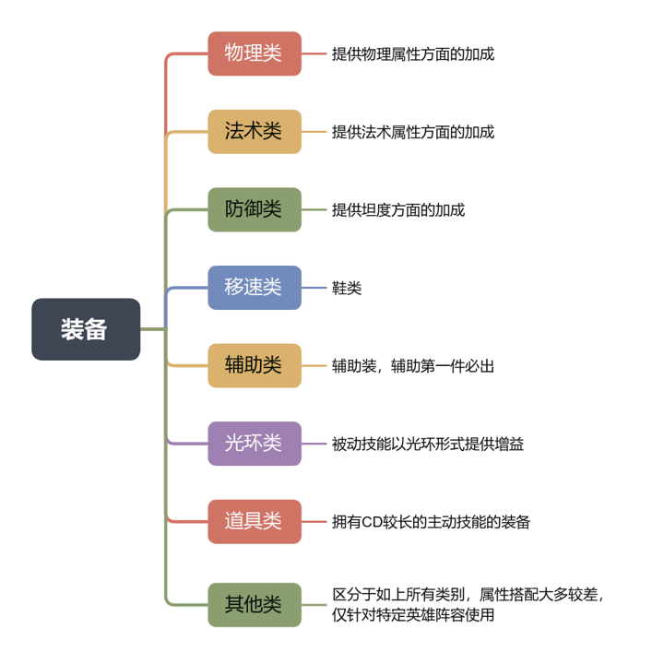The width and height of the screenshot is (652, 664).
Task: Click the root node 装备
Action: (86, 329)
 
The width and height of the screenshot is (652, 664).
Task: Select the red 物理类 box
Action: (255, 53)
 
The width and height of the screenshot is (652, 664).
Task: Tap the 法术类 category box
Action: (255, 131)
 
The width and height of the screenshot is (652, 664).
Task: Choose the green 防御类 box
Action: (255, 209)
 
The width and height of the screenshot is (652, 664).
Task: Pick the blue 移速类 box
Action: (255, 288)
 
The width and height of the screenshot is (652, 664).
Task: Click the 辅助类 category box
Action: (255, 365)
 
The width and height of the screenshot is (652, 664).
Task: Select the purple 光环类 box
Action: (255, 444)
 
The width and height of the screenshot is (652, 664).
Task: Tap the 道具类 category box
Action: (255, 521)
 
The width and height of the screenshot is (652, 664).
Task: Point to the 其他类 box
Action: (255, 605)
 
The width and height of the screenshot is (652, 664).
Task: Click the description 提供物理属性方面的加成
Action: (413, 54)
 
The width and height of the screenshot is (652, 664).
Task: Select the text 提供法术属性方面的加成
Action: (413, 132)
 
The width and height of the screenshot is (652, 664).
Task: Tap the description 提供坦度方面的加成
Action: (398, 210)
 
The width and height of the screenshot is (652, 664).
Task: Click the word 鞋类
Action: (347, 288)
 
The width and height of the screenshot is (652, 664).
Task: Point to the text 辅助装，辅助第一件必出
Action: (413, 366)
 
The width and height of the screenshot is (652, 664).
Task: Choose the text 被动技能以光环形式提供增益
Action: (428, 444)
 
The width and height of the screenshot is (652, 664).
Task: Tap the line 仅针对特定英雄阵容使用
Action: (413, 614)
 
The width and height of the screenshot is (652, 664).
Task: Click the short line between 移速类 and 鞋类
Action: (314, 288)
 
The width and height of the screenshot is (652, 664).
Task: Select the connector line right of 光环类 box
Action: (314, 444)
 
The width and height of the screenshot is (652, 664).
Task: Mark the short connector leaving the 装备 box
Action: (153, 329)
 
